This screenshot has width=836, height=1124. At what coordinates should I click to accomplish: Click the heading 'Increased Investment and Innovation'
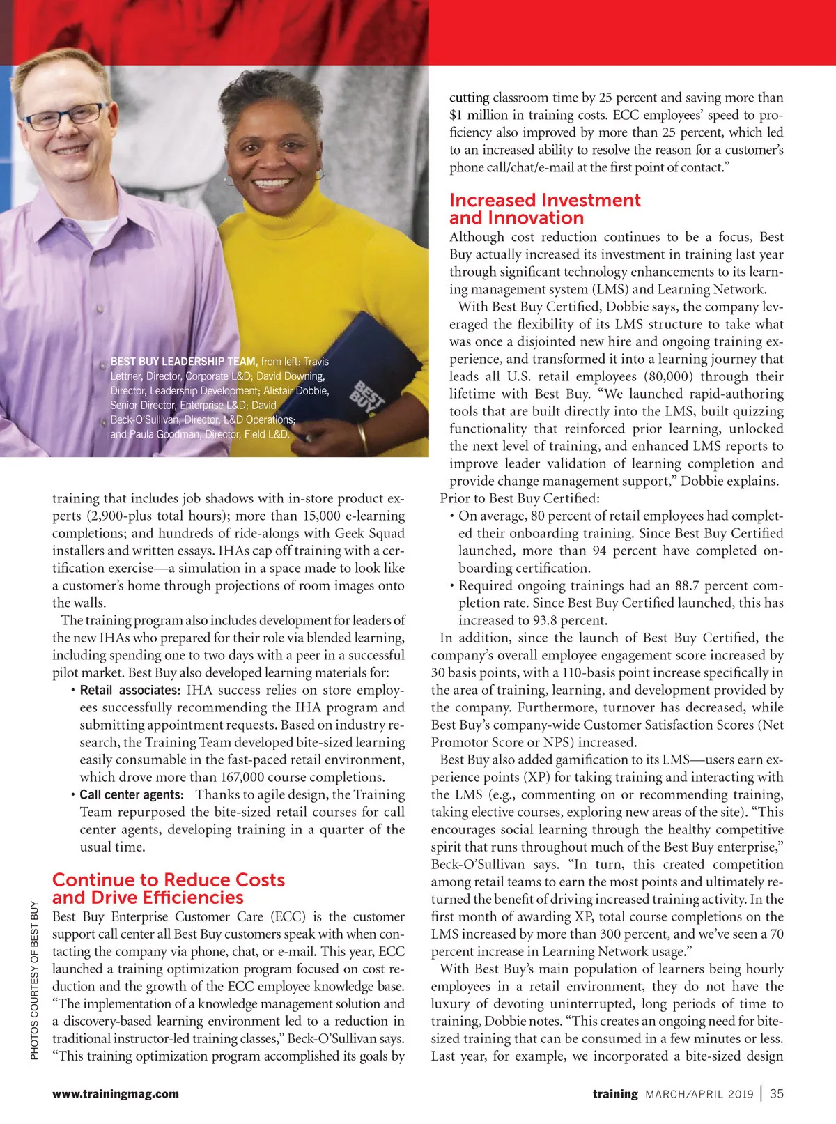tap(544, 209)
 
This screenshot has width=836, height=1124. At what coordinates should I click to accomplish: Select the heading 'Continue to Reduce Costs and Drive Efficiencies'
tap(169, 888)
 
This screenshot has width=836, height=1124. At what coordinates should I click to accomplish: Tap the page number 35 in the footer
tap(777, 1093)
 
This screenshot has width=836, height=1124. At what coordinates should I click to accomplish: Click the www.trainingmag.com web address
tap(116, 1094)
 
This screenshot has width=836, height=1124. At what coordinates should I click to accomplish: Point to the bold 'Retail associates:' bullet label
tap(130, 691)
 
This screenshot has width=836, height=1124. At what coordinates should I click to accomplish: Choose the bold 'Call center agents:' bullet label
tap(132, 795)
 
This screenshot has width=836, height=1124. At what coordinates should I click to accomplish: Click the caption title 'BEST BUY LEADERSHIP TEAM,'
tap(184, 362)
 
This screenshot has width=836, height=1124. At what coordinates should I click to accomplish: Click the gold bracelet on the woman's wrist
tap(362, 439)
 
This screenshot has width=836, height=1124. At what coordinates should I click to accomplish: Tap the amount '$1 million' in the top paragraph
tap(479, 116)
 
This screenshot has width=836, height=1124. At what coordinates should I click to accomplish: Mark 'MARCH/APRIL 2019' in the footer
tap(699, 1094)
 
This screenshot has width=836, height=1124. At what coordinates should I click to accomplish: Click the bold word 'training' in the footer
tap(615, 1094)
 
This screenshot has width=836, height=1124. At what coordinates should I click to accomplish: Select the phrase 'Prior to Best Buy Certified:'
tap(520, 499)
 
